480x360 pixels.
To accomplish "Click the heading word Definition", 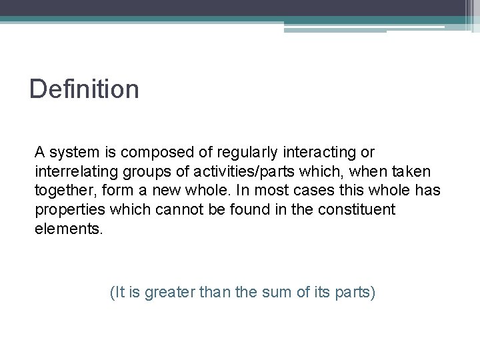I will [x=84, y=89].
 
